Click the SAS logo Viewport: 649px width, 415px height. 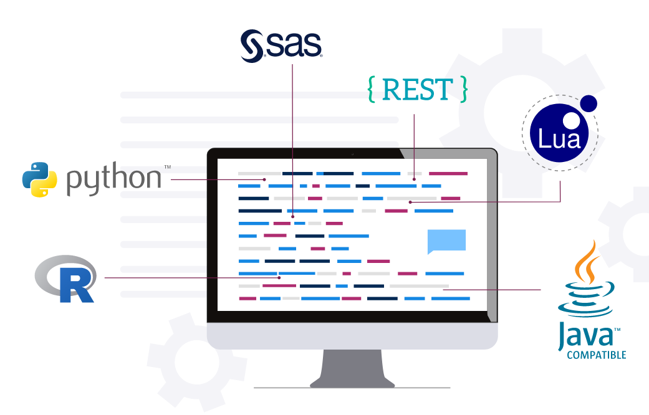pos(281,45)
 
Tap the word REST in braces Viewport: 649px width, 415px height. pos(417,90)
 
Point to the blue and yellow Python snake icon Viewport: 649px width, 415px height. pos(36,179)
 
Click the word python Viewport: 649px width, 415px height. pos(113,179)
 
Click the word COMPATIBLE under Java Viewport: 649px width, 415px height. pos(595,355)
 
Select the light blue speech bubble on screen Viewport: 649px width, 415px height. pos(446,241)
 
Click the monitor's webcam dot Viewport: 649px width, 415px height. pos(352,154)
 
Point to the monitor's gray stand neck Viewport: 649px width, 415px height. pos(352,368)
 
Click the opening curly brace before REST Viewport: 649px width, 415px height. pos(372,90)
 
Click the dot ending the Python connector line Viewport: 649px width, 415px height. pos(265,179)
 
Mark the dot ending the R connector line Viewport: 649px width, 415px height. pos(280,277)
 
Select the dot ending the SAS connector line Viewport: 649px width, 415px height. pos(292,217)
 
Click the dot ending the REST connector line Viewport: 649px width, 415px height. pos(414,179)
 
